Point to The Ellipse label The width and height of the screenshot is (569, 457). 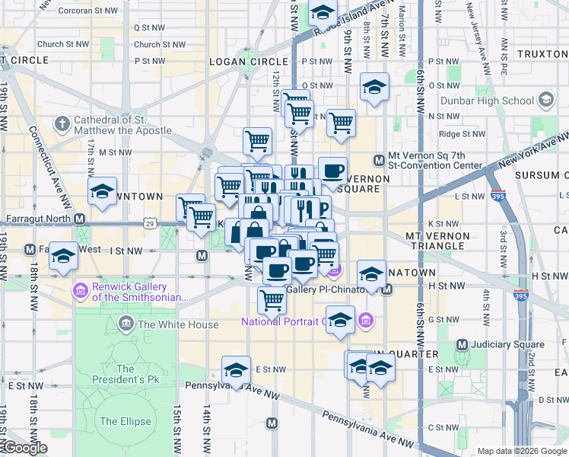tap(119, 421)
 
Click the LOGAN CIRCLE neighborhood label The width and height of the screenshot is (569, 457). tap(237, 62)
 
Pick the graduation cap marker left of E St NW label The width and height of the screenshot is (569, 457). tap(237, 370)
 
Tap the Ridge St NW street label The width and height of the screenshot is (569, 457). tap(461, 133)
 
